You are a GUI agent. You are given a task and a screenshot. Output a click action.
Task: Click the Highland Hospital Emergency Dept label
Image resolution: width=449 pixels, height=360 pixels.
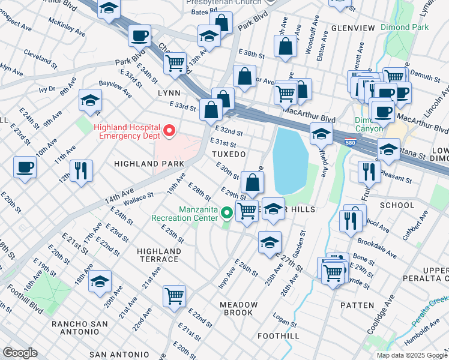[127, 131]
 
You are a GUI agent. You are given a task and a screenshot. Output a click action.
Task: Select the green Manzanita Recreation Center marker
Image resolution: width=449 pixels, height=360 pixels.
[227, 212]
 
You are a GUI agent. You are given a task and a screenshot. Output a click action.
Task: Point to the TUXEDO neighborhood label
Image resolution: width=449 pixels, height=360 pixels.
[229, 154]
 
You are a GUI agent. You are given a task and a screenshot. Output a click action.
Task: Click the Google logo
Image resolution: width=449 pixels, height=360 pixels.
[20, 353]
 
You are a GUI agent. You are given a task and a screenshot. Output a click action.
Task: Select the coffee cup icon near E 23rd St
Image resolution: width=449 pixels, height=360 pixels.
[25, 167]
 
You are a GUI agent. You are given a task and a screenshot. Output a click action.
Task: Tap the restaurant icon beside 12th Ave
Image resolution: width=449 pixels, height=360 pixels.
[80, 170]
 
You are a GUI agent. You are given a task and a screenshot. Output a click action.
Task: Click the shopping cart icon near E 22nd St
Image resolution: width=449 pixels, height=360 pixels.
[174, 295]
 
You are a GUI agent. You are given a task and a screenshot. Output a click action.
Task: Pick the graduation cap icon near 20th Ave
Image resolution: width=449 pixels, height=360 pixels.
[100, 281]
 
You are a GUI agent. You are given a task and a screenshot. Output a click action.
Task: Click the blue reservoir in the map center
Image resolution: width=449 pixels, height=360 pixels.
[291, 159]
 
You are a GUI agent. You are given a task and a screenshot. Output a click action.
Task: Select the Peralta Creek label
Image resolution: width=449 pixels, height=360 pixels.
[430, 312]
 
